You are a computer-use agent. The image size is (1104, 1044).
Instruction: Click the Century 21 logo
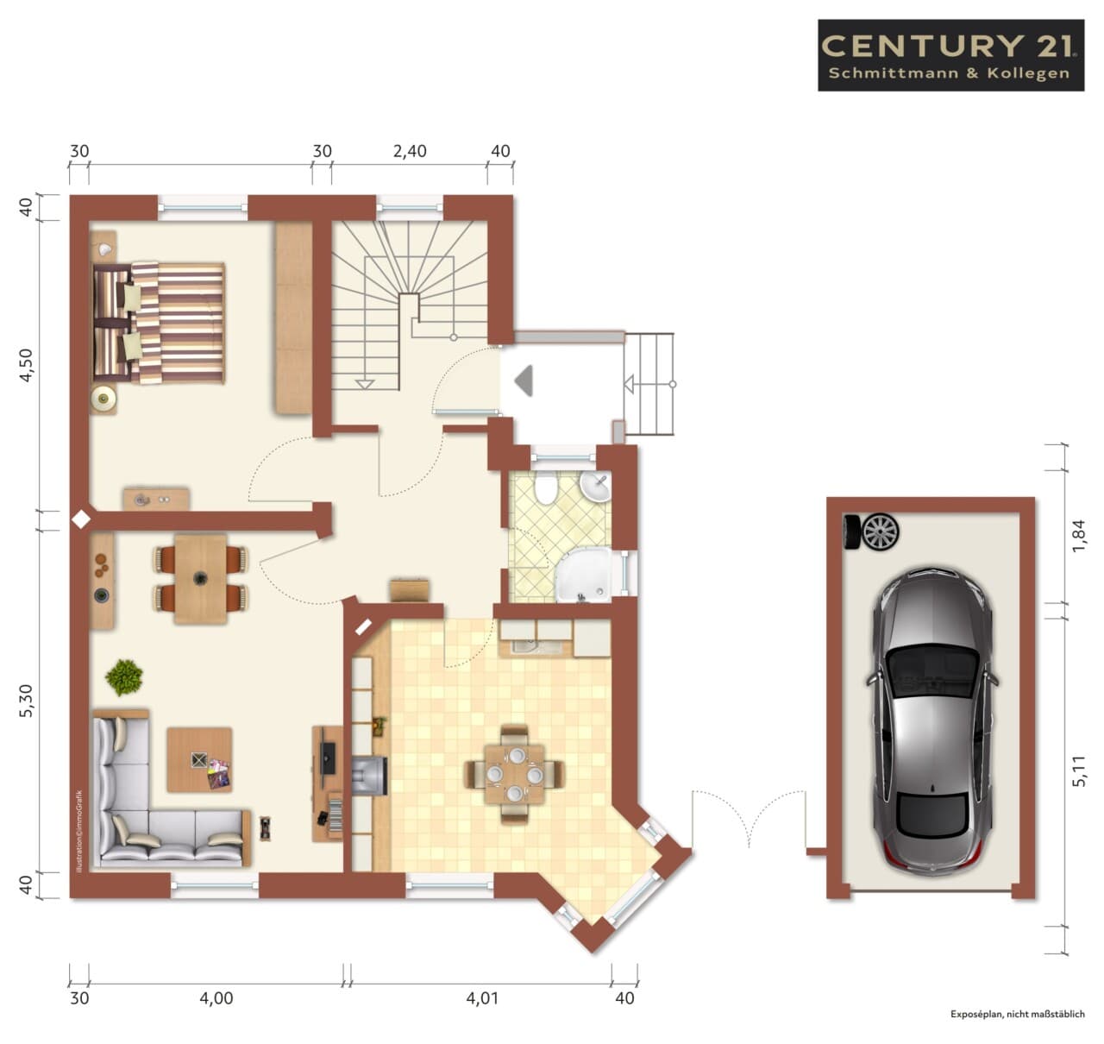point(950,55)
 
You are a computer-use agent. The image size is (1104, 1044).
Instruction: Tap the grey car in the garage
point(931,721)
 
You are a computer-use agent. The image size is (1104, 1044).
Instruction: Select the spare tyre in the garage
point(871,531)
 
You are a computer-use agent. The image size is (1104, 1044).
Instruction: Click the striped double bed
point(159,323)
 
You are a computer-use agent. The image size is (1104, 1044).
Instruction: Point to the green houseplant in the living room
point(124,677)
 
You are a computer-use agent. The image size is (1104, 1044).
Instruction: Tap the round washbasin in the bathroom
point(594,486)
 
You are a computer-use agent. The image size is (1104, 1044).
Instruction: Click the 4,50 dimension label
point(27,365)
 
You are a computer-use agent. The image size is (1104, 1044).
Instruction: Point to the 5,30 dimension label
point(27,700)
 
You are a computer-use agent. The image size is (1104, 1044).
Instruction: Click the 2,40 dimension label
point(410,151)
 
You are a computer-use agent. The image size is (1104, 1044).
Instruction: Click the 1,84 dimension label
point(1079,537)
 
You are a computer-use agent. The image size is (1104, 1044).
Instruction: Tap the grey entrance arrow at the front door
point(524,381)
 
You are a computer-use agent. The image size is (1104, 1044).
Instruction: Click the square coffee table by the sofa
point(199,759)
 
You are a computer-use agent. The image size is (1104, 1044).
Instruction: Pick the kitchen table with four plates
point(514,775)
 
